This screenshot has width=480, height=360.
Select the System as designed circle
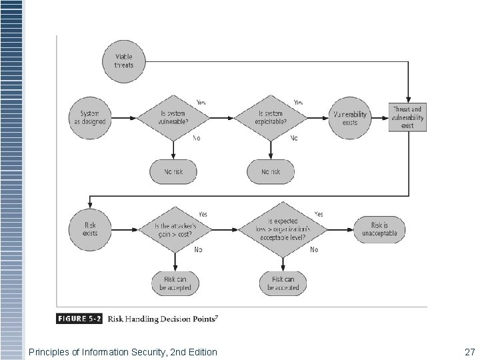(89, 118)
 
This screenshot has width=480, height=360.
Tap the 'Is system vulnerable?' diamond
(173, 118)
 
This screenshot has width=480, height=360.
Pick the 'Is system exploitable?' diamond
(271, 118)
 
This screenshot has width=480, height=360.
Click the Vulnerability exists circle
(350, 118)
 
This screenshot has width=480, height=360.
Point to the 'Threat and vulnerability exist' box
(408, 117)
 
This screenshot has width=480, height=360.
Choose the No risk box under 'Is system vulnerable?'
(173, 171)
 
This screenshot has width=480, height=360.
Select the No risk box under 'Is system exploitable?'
(271, 171)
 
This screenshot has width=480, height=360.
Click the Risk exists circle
(90, 229)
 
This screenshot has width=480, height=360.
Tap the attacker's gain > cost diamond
(173, 229)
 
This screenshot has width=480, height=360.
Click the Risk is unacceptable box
(379, 229)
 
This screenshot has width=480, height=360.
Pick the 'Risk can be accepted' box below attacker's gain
(173, 283)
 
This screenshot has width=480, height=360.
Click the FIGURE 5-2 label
(81, 319)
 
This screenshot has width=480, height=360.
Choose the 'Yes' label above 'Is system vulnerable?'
(201, 102)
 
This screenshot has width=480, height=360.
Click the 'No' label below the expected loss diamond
(314, 250)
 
